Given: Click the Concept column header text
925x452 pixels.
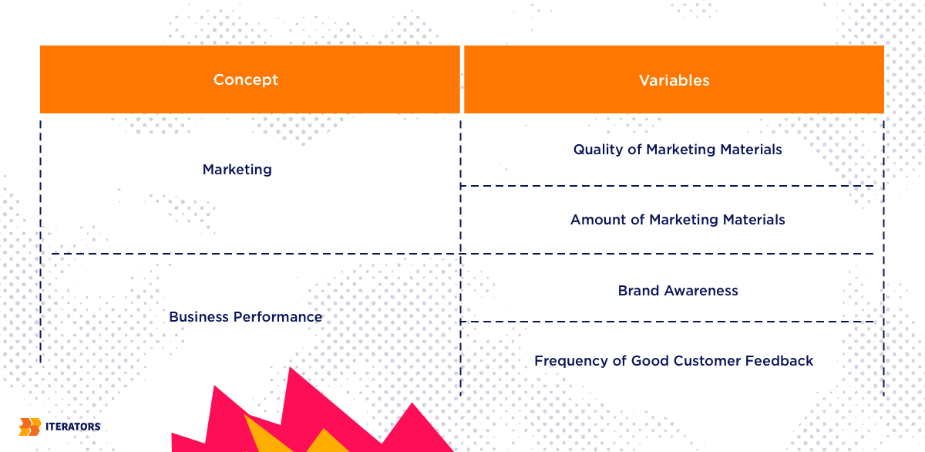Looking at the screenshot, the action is point(246,79).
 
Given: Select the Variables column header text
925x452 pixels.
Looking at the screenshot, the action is point(674,80).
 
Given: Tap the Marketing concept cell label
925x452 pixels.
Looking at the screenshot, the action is point(237,170).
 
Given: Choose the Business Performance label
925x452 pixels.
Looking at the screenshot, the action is point(245,317).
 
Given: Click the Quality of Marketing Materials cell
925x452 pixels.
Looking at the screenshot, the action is point(678,150).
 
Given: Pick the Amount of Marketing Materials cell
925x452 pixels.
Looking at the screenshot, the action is point(678,219).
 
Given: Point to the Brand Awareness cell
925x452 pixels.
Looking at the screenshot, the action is point(678,291).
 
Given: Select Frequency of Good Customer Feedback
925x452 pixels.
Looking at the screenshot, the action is point(674,361).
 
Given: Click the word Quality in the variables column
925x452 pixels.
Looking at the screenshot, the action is point(598,150).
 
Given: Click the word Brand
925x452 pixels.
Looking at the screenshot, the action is point(638,291).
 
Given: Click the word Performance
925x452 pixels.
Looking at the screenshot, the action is point(277,317).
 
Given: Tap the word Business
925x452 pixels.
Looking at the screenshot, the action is point(199,317).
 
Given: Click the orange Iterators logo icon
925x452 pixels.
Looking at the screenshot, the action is point(30,427).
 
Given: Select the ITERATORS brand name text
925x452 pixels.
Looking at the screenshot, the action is point(72,427).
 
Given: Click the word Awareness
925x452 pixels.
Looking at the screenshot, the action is point(701,291).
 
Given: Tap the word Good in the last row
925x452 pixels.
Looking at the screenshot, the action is point(650,361).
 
